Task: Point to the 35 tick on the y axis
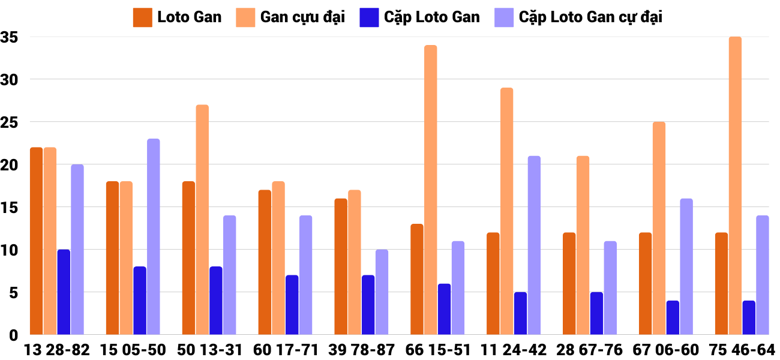point(10,37)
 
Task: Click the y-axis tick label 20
point(10,165)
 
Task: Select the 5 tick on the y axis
point(13,293)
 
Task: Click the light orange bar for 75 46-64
point(735,186)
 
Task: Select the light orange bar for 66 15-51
point(431,190)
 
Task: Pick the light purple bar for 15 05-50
point(154,237)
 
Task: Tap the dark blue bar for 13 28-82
point(64,292)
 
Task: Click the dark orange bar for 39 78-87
point(341,266)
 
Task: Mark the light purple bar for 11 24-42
point(534,245)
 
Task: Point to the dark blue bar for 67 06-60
point(673,317)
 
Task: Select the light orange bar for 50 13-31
point(202,220)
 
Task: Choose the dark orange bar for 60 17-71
point(265,262)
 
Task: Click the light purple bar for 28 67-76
point(610,288)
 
